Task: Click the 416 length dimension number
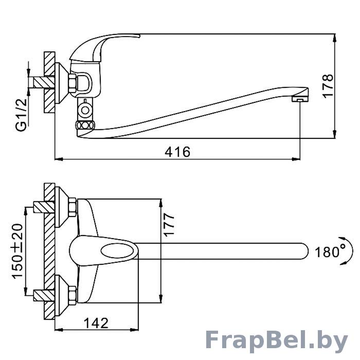177,152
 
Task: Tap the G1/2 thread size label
22,114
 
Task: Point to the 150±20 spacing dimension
17,251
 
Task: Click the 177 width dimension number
169,225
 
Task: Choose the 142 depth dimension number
96,323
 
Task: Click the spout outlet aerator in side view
300,99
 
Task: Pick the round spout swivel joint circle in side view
85,110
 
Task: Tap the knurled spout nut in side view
84,126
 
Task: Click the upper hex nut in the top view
73,207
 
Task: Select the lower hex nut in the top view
73,296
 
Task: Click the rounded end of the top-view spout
304,251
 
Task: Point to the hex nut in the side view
73,83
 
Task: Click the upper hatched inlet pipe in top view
44,207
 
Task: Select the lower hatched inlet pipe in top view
44,296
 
